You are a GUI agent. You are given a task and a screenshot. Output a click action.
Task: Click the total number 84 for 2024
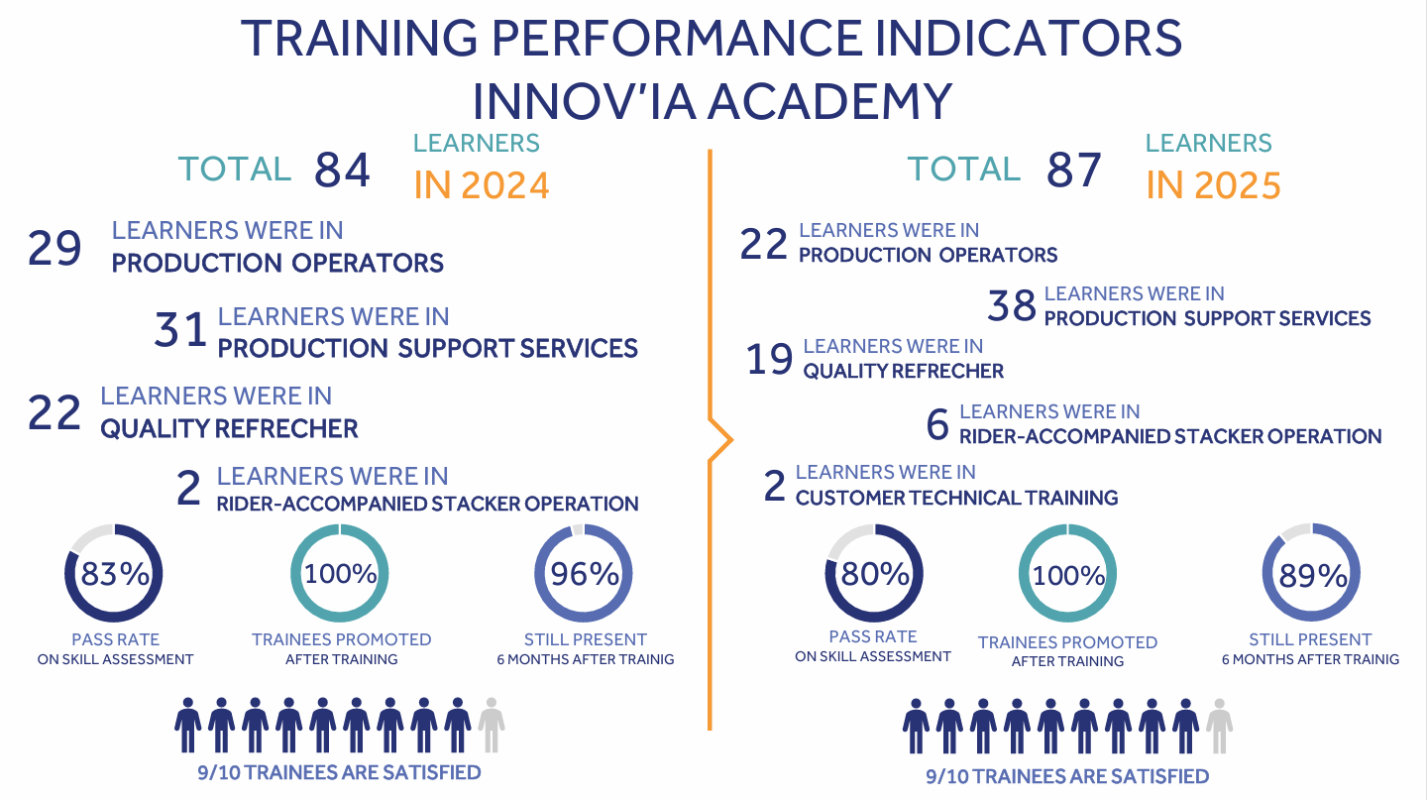coord(342,170)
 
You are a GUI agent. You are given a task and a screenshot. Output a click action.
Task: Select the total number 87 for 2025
coord(1073,170)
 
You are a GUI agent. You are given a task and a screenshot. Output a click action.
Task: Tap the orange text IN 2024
coord(482,185)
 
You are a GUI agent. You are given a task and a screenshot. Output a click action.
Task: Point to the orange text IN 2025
coord(1213,185)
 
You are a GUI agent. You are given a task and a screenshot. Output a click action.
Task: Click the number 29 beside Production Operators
coord(55,248)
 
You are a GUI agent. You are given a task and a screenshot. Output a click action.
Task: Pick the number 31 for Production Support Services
coord(180,329)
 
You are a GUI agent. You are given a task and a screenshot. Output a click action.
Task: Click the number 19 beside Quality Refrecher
coord(770,359)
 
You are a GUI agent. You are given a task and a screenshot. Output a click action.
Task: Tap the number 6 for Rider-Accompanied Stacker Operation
coord(937,424)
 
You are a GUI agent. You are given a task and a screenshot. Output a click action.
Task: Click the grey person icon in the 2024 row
coord(492,725)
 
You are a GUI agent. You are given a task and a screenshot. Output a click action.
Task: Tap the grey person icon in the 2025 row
coord(1219,726)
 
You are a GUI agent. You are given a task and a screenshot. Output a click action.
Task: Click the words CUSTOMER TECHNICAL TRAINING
coord(956,498)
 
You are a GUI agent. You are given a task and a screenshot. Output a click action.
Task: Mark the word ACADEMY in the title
coord(830,102)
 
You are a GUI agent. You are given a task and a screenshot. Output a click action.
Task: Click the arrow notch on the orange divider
coord(730,439)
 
